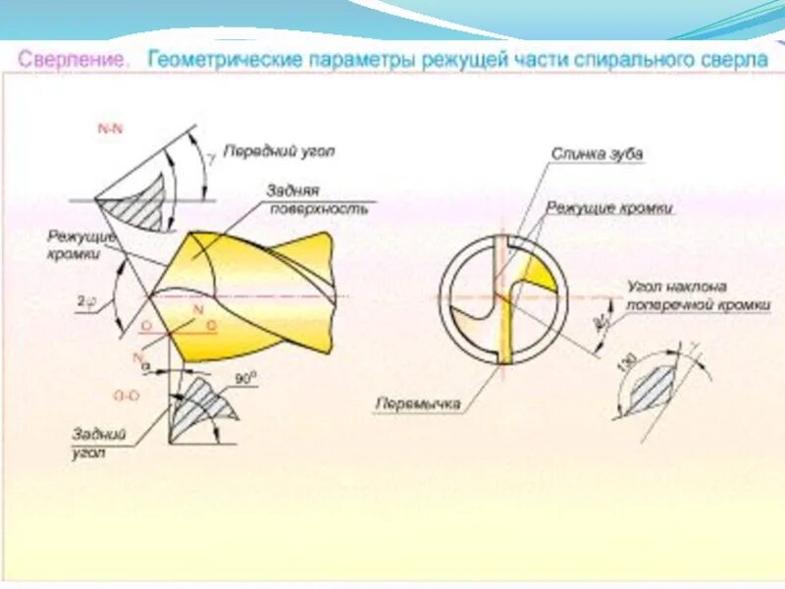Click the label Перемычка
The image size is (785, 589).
point(417,402)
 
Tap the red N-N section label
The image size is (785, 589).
point(110,129)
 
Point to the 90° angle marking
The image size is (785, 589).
point(245,376)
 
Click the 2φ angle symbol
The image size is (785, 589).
point(86,302)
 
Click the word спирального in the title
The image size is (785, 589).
point(621,60)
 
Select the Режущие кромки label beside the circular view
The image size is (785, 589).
point(608,208)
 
